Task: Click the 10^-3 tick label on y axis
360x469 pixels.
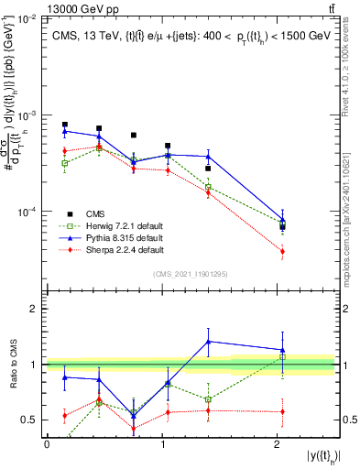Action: click(28, 115)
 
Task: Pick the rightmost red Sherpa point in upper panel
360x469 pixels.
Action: click(282, 251)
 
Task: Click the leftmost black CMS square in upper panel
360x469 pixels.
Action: click(65, 125)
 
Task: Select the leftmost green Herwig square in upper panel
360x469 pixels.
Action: click(65, 163)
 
